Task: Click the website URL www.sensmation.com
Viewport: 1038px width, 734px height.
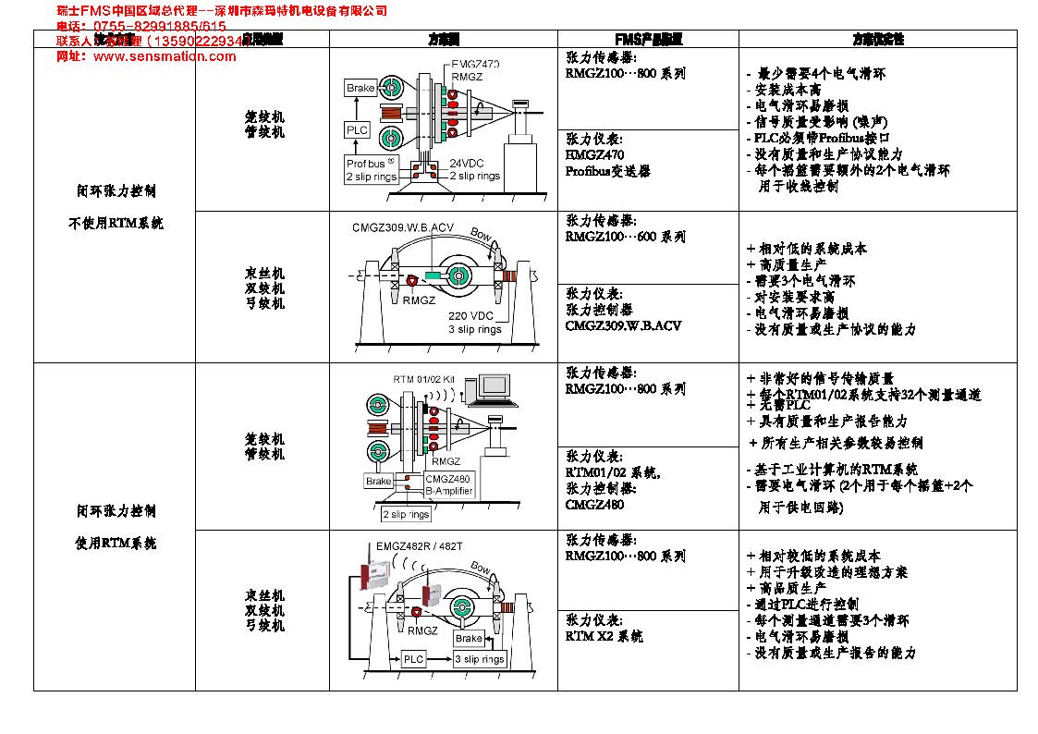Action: tap(165, 56)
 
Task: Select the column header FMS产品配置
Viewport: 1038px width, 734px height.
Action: tap(648, 40)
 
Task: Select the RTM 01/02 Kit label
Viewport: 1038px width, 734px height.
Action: tap(424, 380)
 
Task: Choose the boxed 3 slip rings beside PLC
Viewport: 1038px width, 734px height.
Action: tap(480, 659)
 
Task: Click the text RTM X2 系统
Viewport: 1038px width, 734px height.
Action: tap(604, 636)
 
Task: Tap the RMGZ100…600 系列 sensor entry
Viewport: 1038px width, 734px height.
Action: tap(626, 237)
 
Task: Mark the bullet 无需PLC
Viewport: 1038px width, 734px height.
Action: tap(778, 406)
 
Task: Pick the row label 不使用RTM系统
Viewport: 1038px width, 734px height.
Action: tap(116, 223)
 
